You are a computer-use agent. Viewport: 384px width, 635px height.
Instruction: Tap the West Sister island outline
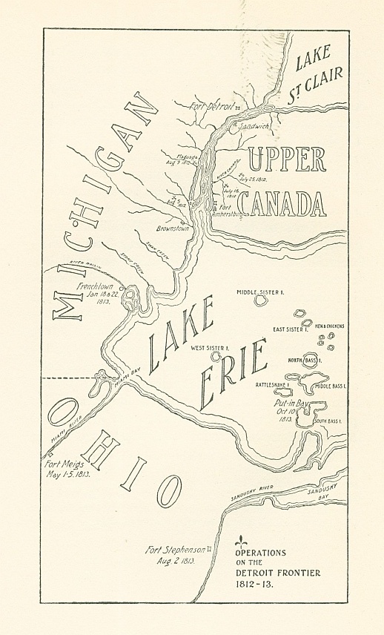pyautogui.click(x=216, y=355)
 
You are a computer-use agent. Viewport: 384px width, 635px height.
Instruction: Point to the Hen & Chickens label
pyautogui.click(x=328, y=326)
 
